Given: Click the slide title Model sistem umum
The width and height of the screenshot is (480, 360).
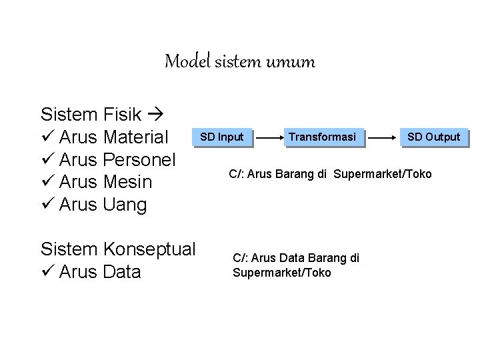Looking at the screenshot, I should click(239, 63).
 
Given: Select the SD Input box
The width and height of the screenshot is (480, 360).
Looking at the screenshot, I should click(222, 137).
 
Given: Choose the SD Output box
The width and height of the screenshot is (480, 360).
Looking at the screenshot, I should click(433, 137).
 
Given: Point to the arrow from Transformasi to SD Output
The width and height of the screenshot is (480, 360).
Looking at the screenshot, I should click(383, 138).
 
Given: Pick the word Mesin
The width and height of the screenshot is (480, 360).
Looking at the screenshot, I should click(129, 182).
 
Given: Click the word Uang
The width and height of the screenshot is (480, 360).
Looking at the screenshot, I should click(126, 205).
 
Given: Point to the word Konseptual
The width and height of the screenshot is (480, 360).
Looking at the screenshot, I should click(150, 249).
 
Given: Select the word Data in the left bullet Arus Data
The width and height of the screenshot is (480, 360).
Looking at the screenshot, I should click(123, 272).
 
